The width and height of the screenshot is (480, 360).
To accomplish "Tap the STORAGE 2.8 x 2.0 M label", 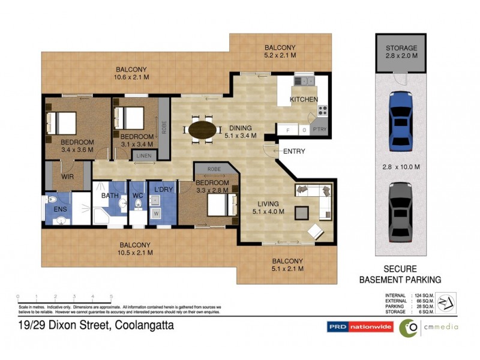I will (x=402, y=52).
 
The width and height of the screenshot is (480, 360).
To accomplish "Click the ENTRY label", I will (x=294, y=151).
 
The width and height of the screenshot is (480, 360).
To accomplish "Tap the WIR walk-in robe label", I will (x=66, y=178).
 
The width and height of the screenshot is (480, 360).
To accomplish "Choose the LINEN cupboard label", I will (x=144, y=155).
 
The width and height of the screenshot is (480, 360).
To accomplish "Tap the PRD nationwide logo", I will (x=360, y=327).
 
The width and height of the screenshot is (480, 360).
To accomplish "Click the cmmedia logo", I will (x=428, y=327).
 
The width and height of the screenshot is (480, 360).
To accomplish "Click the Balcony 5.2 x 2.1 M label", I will (x=281, y=52).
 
